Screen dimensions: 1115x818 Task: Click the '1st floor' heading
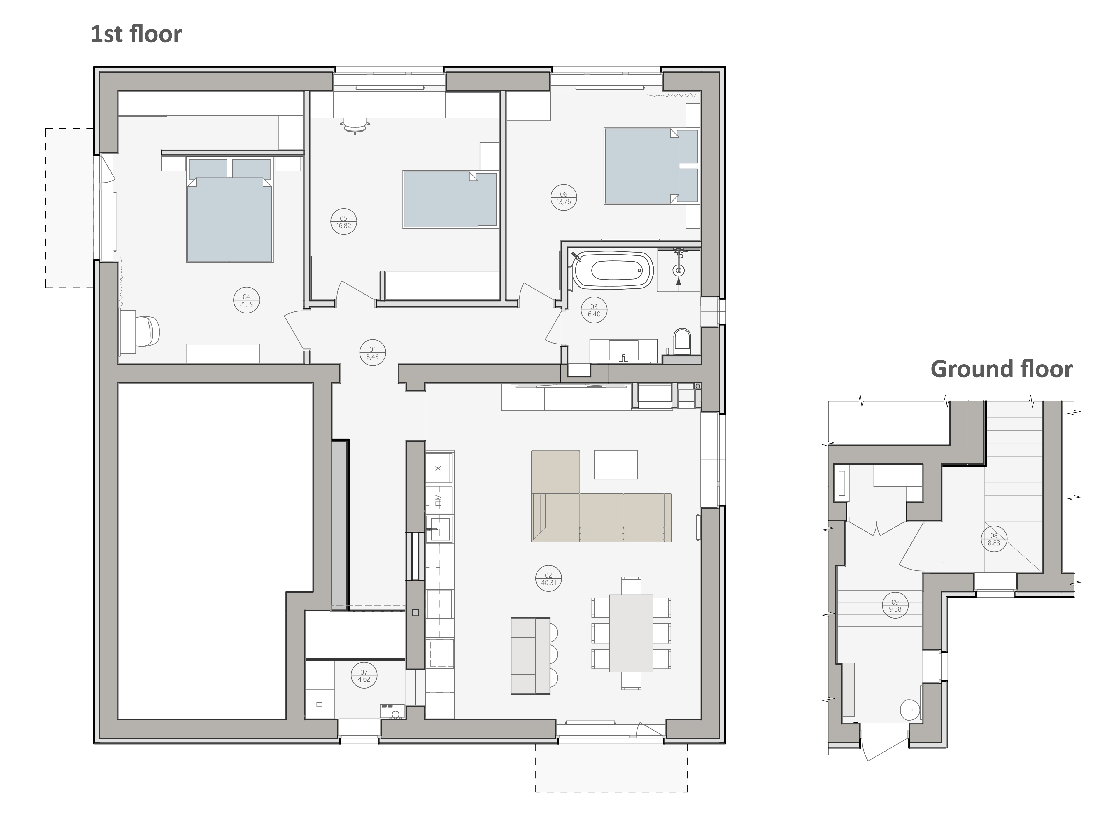tap(136, 34)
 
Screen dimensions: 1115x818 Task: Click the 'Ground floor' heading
tap(1001, 369)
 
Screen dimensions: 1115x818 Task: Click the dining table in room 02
tap(631, 633)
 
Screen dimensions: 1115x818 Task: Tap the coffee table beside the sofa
tap(616, 465)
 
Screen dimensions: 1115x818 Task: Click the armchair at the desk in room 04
tap(147, 331)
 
